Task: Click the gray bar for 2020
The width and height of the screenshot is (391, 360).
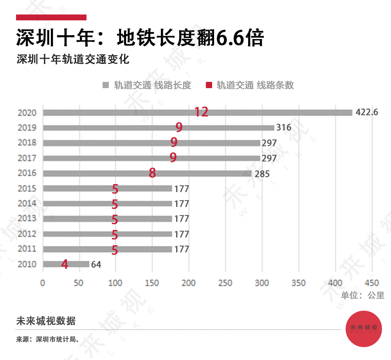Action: pos(274,112)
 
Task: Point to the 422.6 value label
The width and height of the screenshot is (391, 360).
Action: pos(367,112)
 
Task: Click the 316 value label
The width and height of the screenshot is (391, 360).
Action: pos(284,128)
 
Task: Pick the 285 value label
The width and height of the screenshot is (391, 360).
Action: pos(262,174)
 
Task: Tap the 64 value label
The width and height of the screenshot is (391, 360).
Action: pos(96,264)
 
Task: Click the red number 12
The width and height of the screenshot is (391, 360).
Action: pos(201,112)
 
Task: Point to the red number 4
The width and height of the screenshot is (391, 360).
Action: pos(65,264)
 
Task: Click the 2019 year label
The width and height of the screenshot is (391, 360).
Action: pos(27,128)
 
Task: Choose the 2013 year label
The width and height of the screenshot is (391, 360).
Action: pos(27,219)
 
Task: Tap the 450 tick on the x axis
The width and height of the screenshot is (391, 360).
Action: pos(372,283)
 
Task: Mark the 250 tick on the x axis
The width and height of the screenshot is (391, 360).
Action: pos(225,283)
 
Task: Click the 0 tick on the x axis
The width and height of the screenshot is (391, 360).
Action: pos(43,283)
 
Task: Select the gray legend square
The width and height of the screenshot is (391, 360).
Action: pos(105,85)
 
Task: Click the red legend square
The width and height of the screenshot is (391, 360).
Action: pos(209,85)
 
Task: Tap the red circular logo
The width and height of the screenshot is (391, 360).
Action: pos(364,328)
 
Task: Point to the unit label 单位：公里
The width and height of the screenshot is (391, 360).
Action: pos(363,295)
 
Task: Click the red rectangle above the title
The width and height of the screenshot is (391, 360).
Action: pos(51,17)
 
